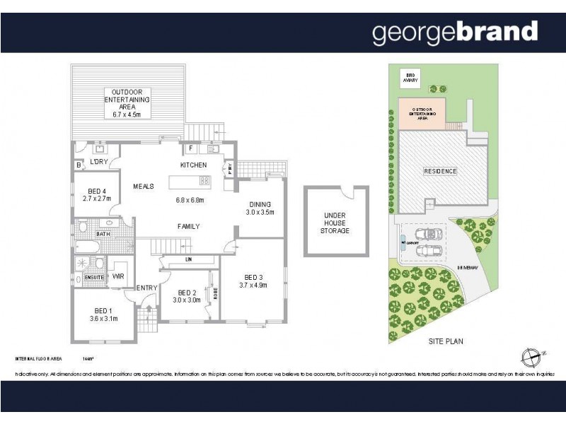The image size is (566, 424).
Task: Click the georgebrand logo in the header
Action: pos(455,32)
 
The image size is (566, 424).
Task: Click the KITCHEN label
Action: pos(193,165)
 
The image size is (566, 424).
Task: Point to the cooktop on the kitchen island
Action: pos(204,181)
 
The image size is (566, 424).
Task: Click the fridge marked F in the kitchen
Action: pos(191,149)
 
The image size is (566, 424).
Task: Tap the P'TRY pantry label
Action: pos(230,168)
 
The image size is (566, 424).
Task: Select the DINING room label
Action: pos(259,203)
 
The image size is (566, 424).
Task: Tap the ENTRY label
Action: pos(146,288)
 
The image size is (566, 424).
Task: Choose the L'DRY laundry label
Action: pos(98,163)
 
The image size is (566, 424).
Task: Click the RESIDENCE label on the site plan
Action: pos(440,171)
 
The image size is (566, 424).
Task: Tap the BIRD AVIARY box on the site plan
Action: pos(410,78)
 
